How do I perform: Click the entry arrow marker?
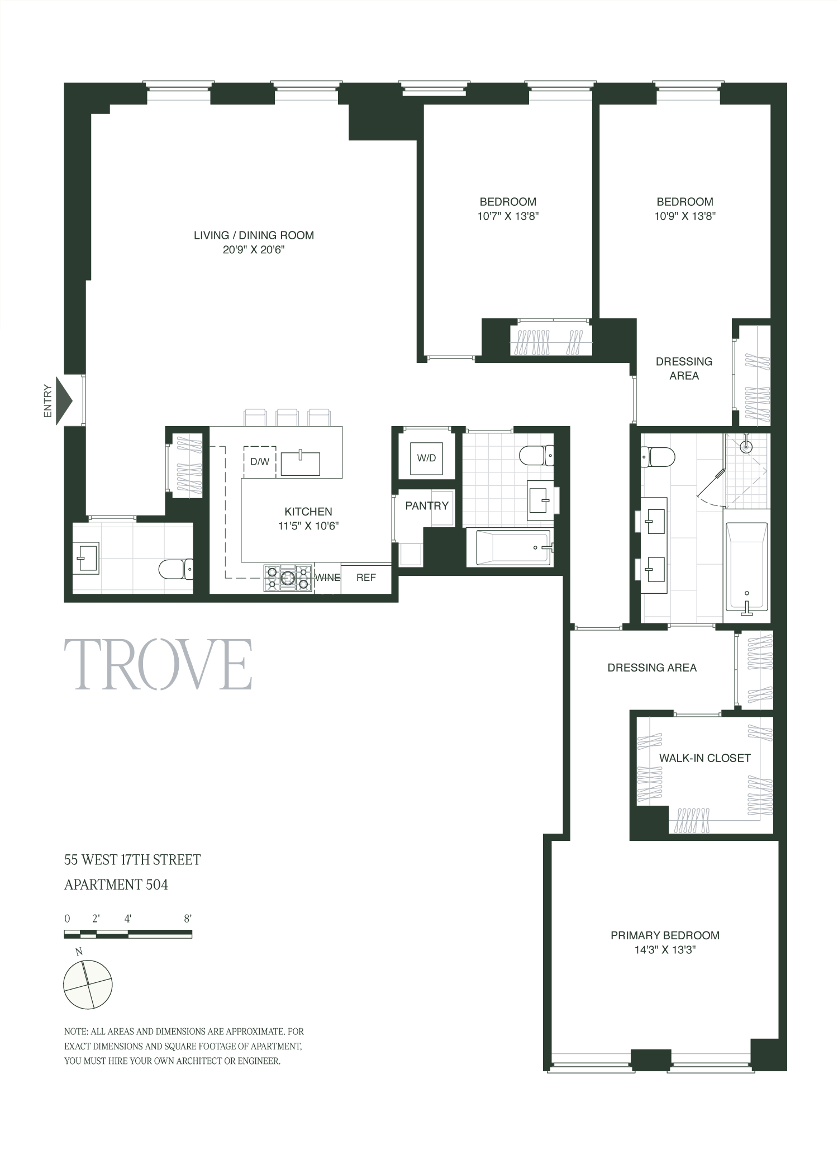pos(64,400)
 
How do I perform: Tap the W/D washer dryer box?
pos(426,458)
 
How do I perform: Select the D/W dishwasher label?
pos(259,462)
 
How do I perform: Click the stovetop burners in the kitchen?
pos(288,578)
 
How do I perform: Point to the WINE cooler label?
pos(327,578)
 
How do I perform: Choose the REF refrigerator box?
pos(366,578)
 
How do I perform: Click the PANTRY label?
pos(427,505)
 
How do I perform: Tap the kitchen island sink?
pos(300,464)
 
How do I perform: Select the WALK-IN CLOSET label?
pos(704,758)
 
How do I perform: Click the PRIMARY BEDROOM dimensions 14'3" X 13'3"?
pos(665,950)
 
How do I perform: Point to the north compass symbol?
pos(88,985)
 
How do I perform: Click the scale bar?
pos(128,934)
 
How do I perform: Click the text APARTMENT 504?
pos(116,885)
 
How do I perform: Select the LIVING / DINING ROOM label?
pos(254,235)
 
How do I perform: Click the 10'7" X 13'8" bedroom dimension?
pos(507,216)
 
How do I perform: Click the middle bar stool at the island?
pos(287,418)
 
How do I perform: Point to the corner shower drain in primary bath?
pos(745,447)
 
